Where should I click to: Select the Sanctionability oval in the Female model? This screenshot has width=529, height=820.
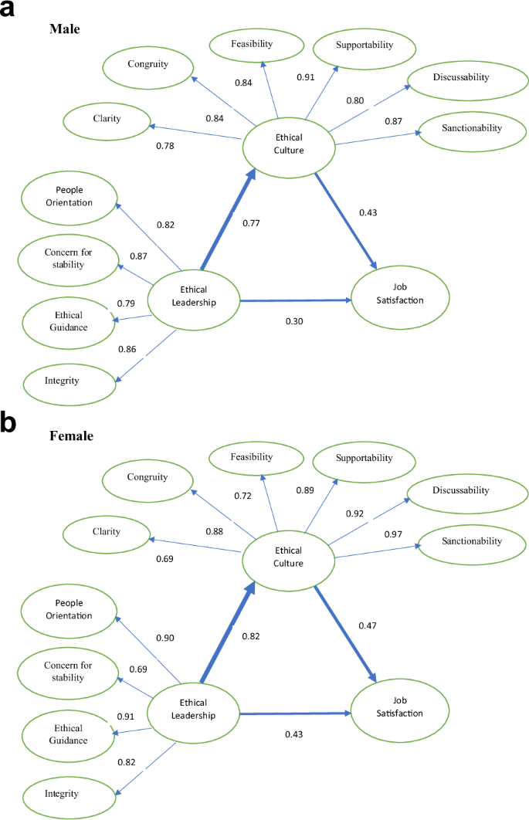click(x=471, y=541)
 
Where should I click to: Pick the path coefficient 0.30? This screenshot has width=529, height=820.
click(x=293, y=320)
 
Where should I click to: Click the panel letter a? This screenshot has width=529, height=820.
click(x=11, y=11)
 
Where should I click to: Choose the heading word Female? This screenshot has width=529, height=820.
click(x=71, y=436)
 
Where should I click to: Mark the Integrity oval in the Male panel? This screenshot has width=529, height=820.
click(x=62, y=380)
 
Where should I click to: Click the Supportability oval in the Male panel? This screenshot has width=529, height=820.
click(x=364, y=45)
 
